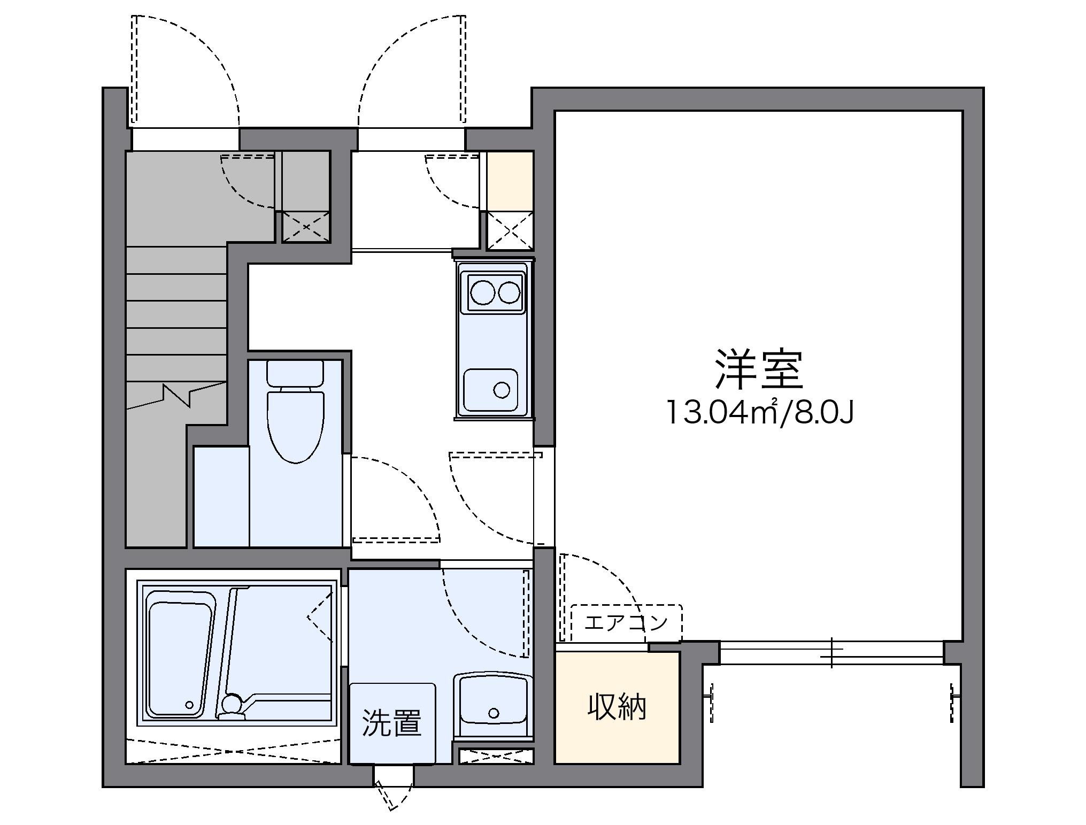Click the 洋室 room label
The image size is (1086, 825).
[x=759, y=369]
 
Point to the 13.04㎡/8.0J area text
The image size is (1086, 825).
[x=759, y=412]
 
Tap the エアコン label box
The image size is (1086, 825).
[x=626, y=622]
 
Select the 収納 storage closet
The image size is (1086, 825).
[x=617, y=707]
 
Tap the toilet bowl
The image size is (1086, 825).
[x=296, y=426]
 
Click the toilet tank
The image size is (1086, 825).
[x=295, y=373]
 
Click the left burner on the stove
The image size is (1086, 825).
[x=482, y=292]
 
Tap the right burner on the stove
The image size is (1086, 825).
[x=509, y=292]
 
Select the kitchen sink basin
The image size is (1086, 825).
[x=490, y=389]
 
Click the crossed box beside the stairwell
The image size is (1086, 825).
[x=306, y=227]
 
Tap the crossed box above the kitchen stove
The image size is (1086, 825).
[x=510, y=230]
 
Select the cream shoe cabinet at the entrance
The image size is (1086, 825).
[x=510, y=180]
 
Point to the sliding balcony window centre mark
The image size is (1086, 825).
[x=831, y=652]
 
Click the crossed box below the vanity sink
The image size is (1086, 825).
[x=496, y=757]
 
